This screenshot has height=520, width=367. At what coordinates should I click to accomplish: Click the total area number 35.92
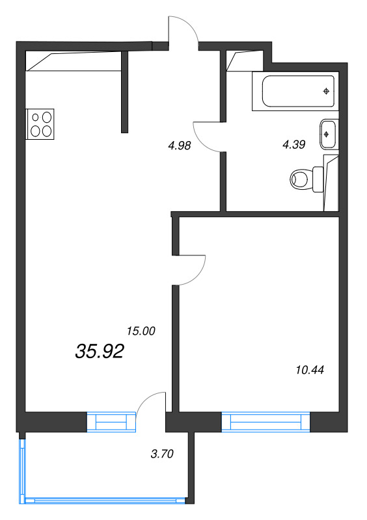(100, 352)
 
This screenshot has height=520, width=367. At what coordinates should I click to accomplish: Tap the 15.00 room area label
(141, 331)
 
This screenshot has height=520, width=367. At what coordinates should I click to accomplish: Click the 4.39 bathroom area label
(293, 145)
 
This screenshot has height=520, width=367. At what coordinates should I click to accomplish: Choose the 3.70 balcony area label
(162, 454)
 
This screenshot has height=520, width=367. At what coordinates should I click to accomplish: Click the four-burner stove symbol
(40, 124)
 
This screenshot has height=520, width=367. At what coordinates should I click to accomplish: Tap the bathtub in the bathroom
(294, 92)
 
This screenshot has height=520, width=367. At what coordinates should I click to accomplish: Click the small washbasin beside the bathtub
(327, 133)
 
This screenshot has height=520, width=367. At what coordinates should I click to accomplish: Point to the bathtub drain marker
(326, 91)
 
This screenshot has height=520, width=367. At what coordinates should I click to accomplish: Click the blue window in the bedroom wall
(266, 422)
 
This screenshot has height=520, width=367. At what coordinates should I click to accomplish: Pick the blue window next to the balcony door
(114, 422)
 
